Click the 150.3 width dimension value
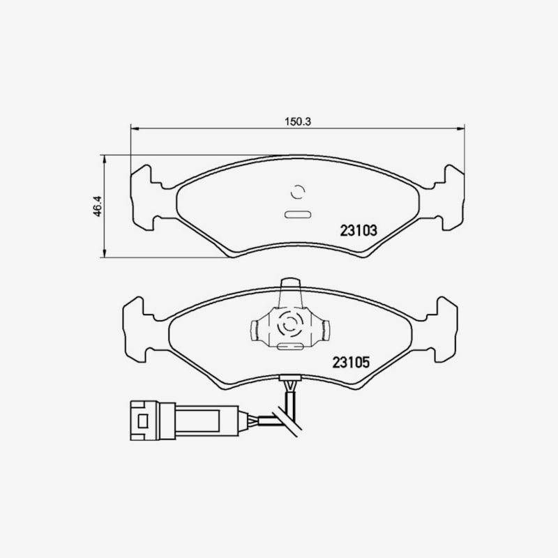[x=298, y=121]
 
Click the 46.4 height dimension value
[x=98, y=206]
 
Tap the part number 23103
[x=359, y=231]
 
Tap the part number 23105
[x=351, y=362]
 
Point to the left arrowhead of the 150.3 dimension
[x=135, y=128]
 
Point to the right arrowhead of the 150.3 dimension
[x=461, y=128]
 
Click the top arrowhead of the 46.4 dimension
[x=104, y=159]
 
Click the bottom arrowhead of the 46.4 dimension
[x=104, y=253]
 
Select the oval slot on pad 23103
[x=298, y=215]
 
